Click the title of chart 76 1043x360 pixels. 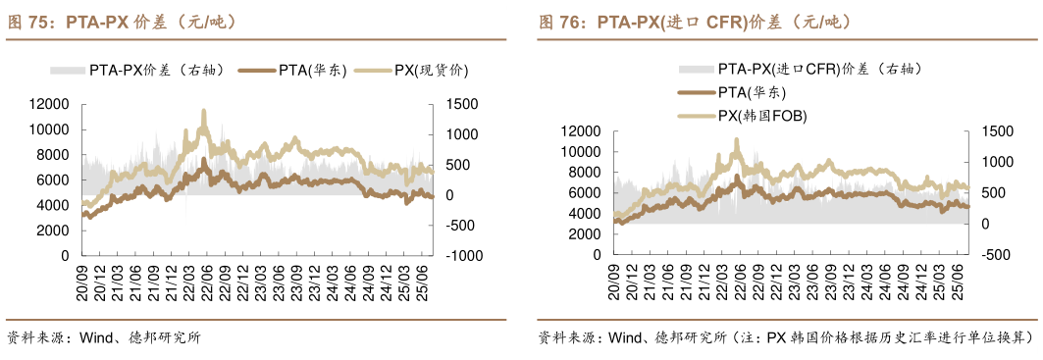coord(694,21)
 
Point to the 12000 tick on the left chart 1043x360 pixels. coord(48,105)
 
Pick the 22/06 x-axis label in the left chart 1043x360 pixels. coord(206,277)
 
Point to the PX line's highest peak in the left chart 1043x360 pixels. coord(204,111)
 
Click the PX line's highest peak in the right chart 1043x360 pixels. coord(736,139)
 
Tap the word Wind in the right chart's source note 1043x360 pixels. coord(625,337)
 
